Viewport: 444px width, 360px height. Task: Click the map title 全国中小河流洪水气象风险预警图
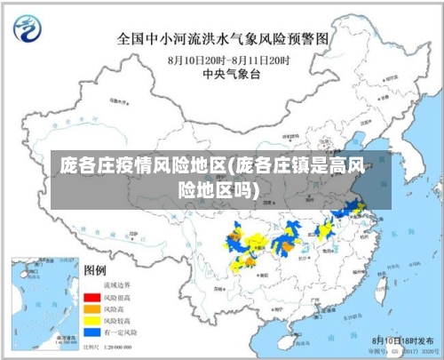[x=223, y=39]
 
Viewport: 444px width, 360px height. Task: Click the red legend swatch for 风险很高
[x=91, y=297]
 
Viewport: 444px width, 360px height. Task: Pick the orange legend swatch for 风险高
[x=91, y=308]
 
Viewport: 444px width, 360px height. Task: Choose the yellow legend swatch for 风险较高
[x=91, y=319]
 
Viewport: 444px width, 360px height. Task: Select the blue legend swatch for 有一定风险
[x=91, y=331]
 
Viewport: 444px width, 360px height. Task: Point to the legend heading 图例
[x=95, y=269]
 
